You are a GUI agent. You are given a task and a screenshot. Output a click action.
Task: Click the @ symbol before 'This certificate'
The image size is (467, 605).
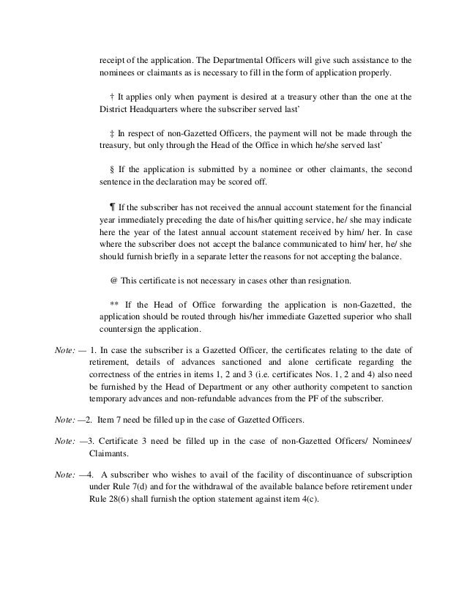pyautogui.click(x=113, y=281)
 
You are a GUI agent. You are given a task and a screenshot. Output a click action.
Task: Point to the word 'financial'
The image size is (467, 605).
pyautogui.click(x=393, y=207)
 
